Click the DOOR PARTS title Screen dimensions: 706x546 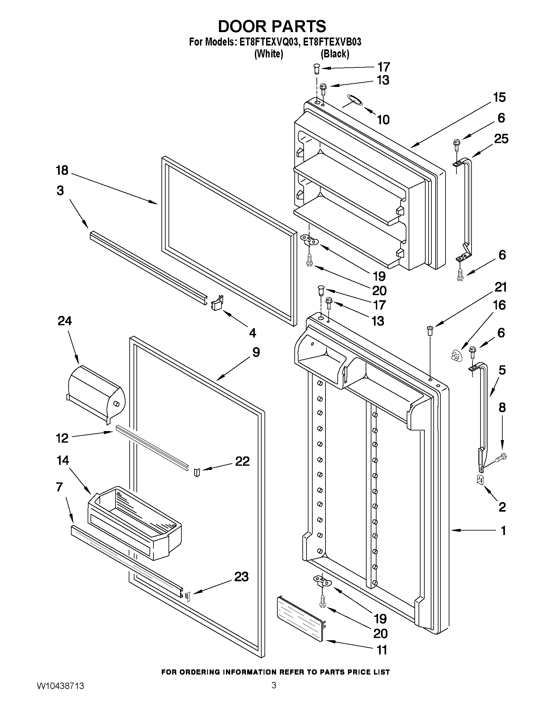(x=272, y=26)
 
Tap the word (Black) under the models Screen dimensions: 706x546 (x=335, y=54)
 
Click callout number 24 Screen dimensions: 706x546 (x=65, y=321)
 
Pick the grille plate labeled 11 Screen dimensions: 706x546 (x=300, y=617)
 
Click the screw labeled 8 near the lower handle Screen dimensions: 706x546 (x=501, y=458)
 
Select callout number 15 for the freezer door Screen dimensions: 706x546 (x=499, y=97)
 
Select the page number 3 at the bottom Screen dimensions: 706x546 (x=274, y=693)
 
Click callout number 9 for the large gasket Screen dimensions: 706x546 (x=256, y=352)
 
